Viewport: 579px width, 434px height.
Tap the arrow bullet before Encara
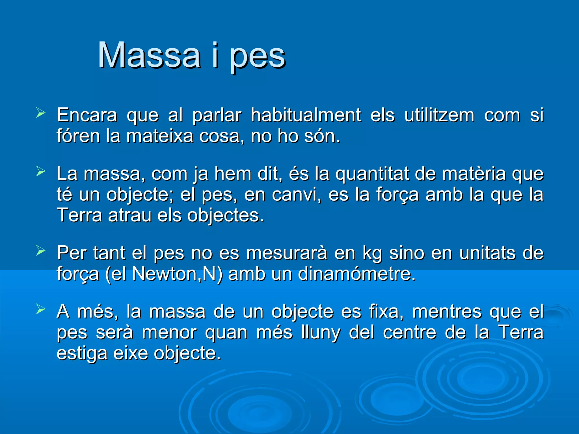click(x=41, y=113)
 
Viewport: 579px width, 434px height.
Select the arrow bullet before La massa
click(x=41, y=172)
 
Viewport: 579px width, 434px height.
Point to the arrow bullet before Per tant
click(x=41, y=251)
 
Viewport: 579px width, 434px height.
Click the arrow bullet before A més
click(x=41, y=309)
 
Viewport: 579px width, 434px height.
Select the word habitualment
click(x=306, y=115)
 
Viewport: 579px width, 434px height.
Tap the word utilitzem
click(x=439, y=115)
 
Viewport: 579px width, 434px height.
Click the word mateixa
click(x=159, y=136)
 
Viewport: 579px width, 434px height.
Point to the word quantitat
click(x=372, y=174)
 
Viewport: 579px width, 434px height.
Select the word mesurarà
click(x=287, y=253)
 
